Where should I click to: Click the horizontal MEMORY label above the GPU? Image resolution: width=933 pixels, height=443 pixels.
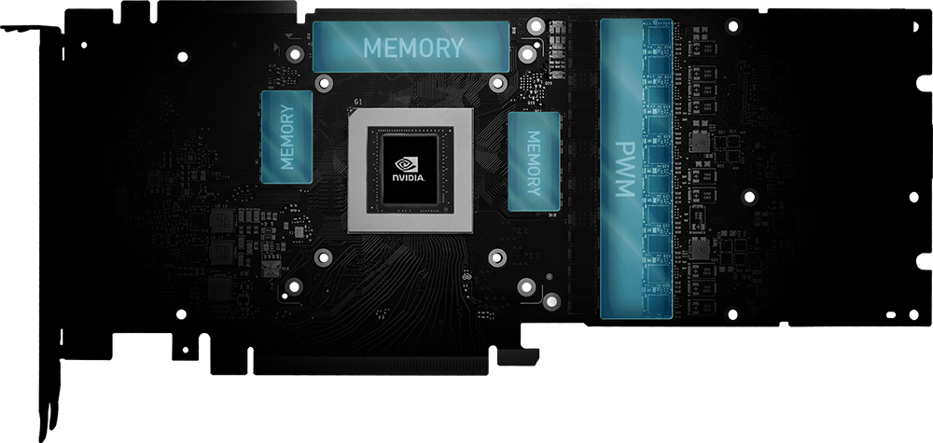[x=413, y=48]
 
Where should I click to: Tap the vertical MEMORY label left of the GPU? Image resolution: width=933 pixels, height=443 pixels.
[x=287, y=137]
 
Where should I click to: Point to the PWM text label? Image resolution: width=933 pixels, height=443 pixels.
[x=625, y=169]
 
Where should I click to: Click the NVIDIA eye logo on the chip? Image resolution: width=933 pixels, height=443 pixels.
[x=407, y=164]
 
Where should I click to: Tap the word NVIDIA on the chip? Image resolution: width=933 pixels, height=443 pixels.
[x=408, y=178]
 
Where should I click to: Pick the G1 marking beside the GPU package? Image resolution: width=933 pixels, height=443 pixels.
[x=357, y=102]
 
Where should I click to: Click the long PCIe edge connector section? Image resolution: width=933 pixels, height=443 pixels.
[x=370, y=365]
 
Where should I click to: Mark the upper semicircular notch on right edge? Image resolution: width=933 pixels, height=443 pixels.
[x=925, y=83]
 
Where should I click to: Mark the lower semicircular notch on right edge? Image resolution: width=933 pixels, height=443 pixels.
[x=925, y=261]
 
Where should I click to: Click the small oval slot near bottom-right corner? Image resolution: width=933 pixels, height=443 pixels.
[x=891, y=315]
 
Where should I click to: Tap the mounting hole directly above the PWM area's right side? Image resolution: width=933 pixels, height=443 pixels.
[x=733, y=25]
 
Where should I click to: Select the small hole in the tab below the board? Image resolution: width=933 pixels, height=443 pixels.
[x=185, y=350]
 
